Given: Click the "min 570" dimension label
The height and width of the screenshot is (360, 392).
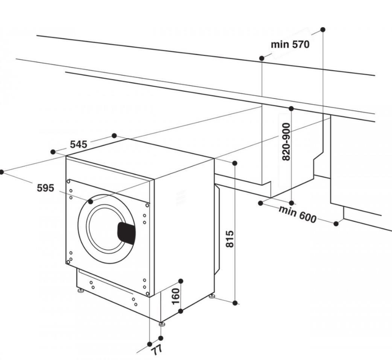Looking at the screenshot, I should (290, 44).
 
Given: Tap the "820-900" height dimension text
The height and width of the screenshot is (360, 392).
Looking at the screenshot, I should (286, 142).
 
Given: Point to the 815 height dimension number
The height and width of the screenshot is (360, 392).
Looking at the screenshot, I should (230, 239).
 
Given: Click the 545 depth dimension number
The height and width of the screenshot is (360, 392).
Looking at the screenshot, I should (79, 144).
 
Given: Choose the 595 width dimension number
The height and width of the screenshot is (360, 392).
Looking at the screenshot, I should (46, 188).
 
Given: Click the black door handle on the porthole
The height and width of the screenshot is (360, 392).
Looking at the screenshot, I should (127, 233).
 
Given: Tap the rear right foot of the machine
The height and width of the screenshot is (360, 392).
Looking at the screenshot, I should (212, 296).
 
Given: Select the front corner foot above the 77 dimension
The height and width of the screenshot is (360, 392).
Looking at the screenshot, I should (161, 323).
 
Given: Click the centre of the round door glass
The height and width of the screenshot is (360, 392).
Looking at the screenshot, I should (105, 229).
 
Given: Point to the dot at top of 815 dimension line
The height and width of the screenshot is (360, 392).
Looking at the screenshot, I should (235, 163).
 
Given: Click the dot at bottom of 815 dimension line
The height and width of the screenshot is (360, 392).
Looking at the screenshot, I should (235, 303).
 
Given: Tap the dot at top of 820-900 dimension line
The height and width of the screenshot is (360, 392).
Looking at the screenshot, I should (291, 109).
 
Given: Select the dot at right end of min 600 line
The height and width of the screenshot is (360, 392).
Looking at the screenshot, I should (336, 224).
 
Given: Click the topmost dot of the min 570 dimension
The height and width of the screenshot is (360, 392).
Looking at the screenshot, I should (322, 29).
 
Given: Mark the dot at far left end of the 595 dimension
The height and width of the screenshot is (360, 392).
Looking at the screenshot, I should (2, 172).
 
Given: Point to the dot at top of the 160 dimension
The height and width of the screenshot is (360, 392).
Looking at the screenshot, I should (181, 281).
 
